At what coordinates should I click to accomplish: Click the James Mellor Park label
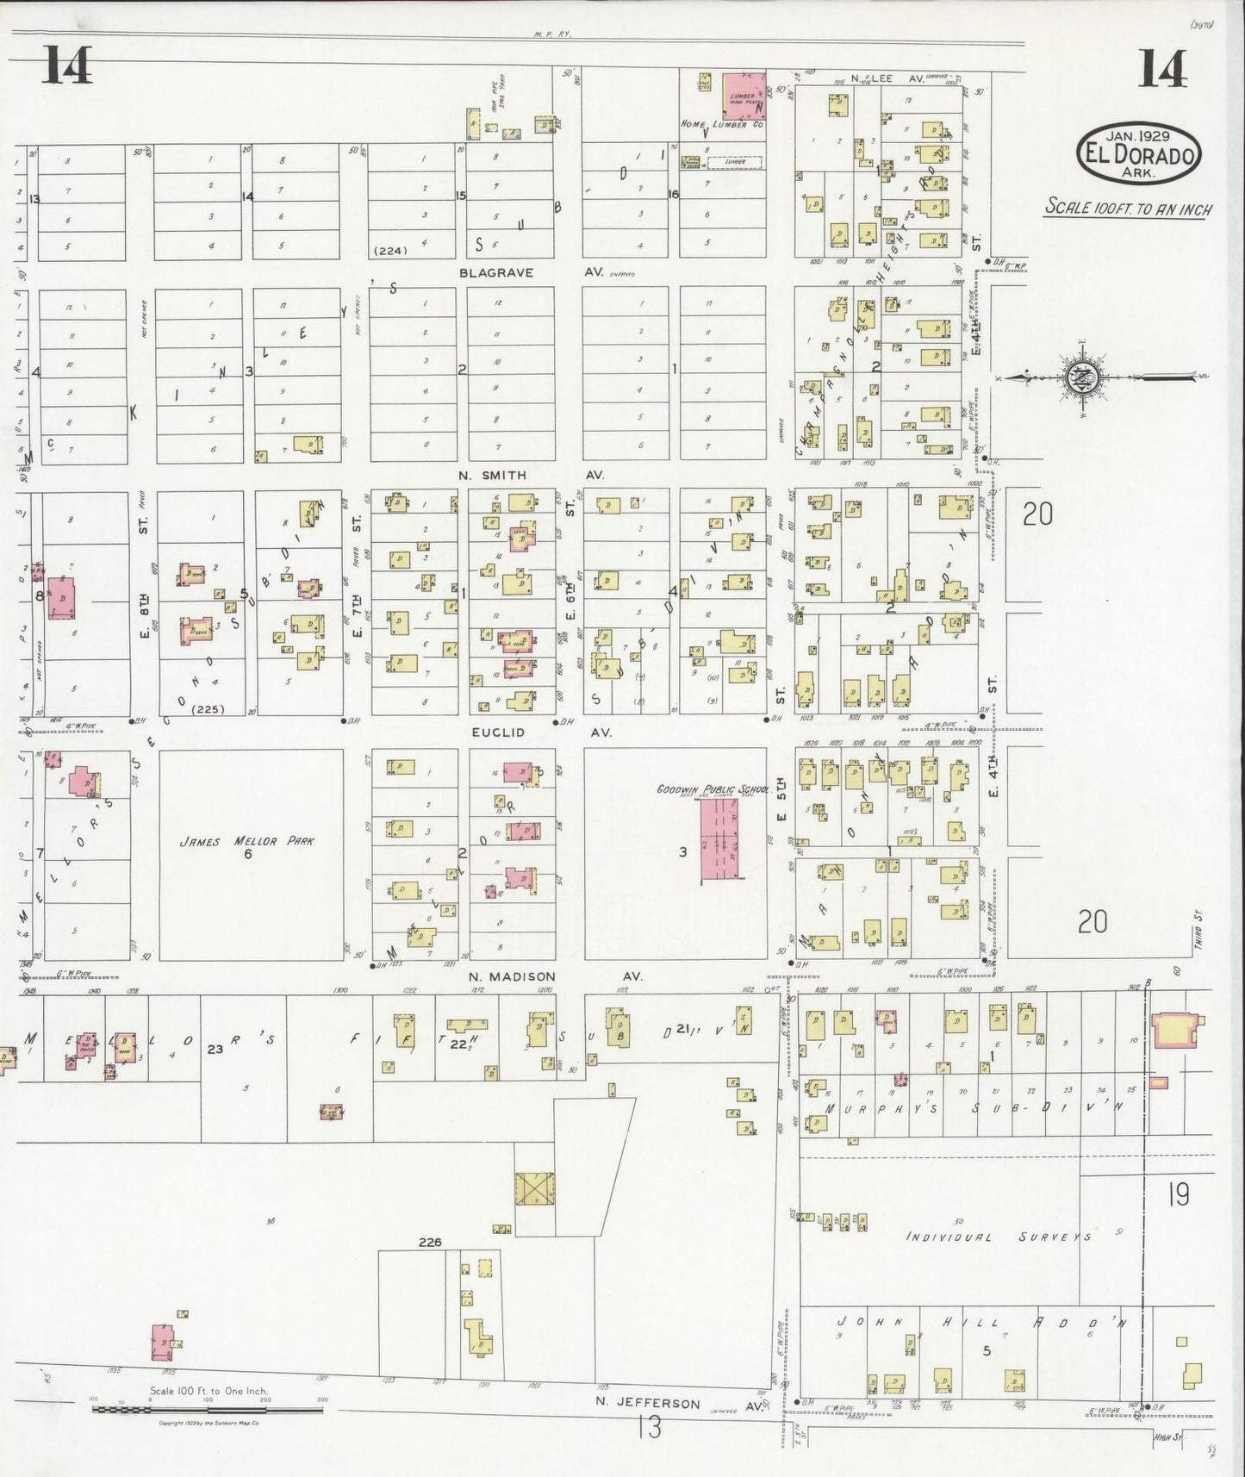click(246, 841)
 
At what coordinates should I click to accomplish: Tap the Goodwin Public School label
click(700, 788)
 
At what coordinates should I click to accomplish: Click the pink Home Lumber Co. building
click(743, 96)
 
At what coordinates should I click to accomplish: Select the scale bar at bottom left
click(207, 1411)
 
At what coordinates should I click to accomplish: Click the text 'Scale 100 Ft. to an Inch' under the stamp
click(1128, 209)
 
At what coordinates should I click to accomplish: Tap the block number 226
click(430, 1242)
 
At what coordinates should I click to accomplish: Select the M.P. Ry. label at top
click(553, 34)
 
